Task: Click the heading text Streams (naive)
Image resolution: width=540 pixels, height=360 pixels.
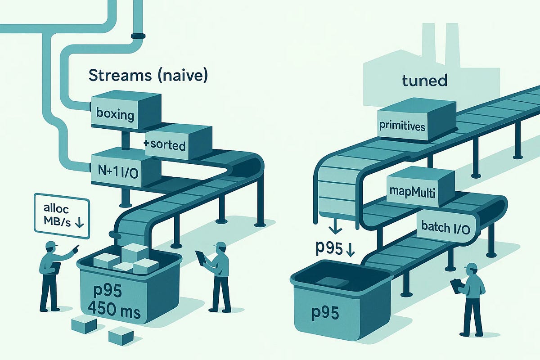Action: pyautogui.click(x=148, y=76)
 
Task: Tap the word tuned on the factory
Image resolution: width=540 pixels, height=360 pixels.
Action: pyautogui.click(x=424, y=81)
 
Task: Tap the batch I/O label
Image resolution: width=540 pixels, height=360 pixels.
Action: pyautogui.click(x=446, y=228)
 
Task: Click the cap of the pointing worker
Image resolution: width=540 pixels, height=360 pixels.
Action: pyautogui.click(x=51, y=245)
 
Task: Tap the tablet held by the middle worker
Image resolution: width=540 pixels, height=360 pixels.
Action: pyautogui.click(x=201, y=258)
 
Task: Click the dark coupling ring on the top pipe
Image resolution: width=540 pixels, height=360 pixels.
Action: pyautogui.click(x=138, y=35)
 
